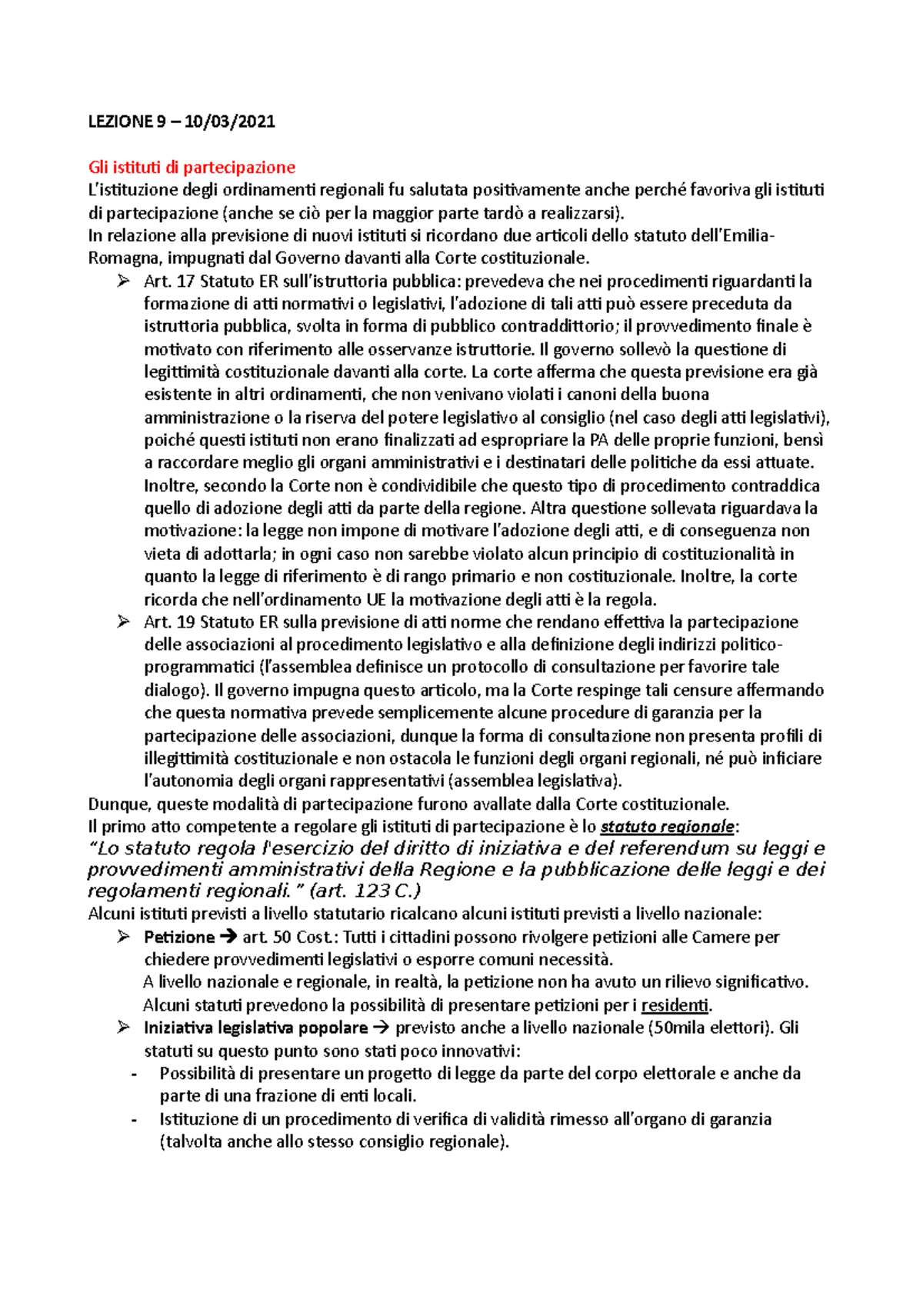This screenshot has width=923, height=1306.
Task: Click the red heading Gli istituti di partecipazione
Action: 192,167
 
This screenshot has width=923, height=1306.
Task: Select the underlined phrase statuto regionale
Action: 667,827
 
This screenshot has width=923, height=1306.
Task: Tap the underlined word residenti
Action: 675,1005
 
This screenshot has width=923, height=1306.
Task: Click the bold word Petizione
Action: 178,937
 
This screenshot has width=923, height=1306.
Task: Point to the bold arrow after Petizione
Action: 229,937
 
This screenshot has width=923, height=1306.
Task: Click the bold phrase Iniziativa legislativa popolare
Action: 255,1028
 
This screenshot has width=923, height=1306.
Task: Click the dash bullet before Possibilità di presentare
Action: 135,1074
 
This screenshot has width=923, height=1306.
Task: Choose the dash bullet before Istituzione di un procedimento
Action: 135,1120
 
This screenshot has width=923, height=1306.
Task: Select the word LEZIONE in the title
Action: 119,121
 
